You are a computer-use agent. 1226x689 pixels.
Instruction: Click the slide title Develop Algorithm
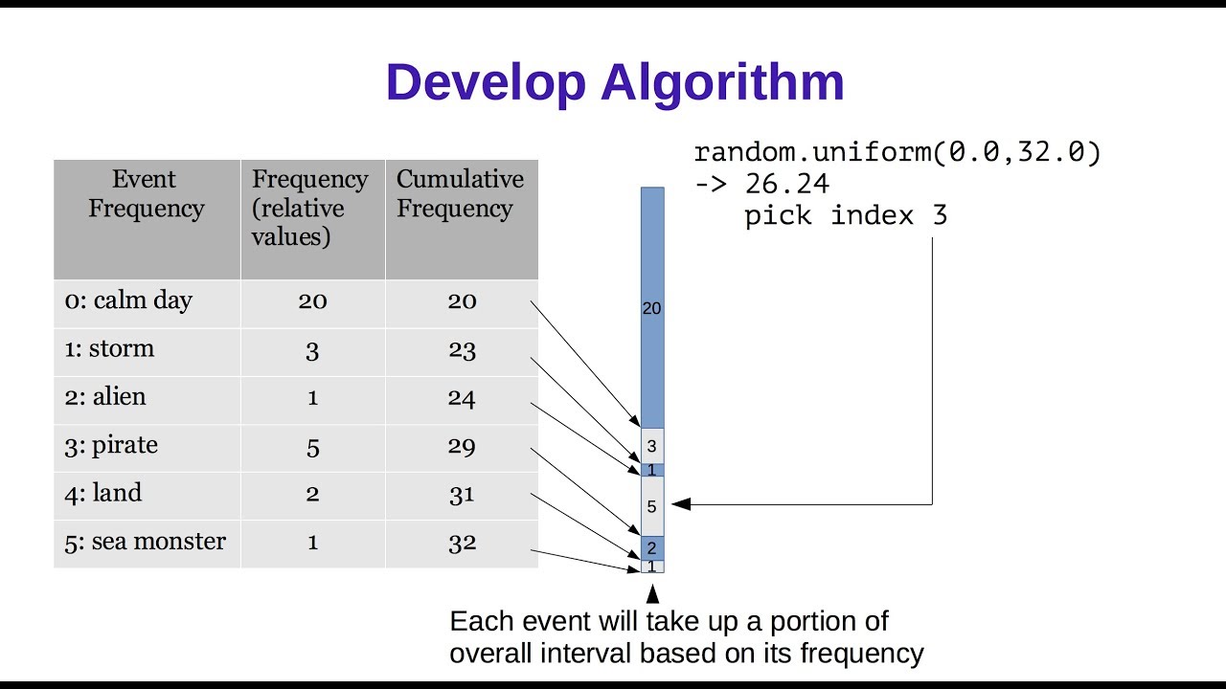pyautogui.click(x=614, y=82)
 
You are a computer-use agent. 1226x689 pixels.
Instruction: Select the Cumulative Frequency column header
pyautogui.click(x=460, y=194)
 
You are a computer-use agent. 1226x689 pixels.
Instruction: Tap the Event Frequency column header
pyautogui.click(x=146, y=194)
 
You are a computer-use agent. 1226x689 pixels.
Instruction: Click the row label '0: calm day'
pyautogui.click(x=128, y=300)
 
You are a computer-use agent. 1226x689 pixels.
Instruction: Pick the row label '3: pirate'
pyautogui.click(x=111, y=445)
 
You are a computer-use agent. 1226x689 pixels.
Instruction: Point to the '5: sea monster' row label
pyautogui.click(x=145, y=542)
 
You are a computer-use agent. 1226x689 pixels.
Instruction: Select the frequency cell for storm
pyautogui.click(x=312, y=350)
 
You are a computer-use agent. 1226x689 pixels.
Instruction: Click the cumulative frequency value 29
pyautogui.click(x=462, y=447)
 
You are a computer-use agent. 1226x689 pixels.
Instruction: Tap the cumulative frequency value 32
pyautogui.click(x=462, y=543)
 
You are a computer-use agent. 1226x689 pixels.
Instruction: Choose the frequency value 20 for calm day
pyautogui.click(x=312, y=301)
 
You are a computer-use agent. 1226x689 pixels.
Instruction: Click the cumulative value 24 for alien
pyautogui.click(x=462, y=398)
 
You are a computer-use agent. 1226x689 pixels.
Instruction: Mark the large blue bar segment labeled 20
pyautogui.click(x=651, y=308)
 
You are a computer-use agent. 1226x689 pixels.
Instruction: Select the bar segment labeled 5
pyautogui.click(x=651, y=506)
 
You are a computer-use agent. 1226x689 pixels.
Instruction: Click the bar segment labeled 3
pyautogui.click(x=651, y=446)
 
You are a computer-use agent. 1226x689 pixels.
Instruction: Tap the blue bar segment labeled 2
pyautogui.click(x=651, y=548)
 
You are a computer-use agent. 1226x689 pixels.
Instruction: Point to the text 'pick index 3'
pyautogui.click(x=846, y=215)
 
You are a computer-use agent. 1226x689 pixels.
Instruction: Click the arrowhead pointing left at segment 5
pyautogui.click(x=680, y=503)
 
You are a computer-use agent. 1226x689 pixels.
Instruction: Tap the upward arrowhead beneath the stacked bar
pyautogui.click(x=652, y=592)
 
